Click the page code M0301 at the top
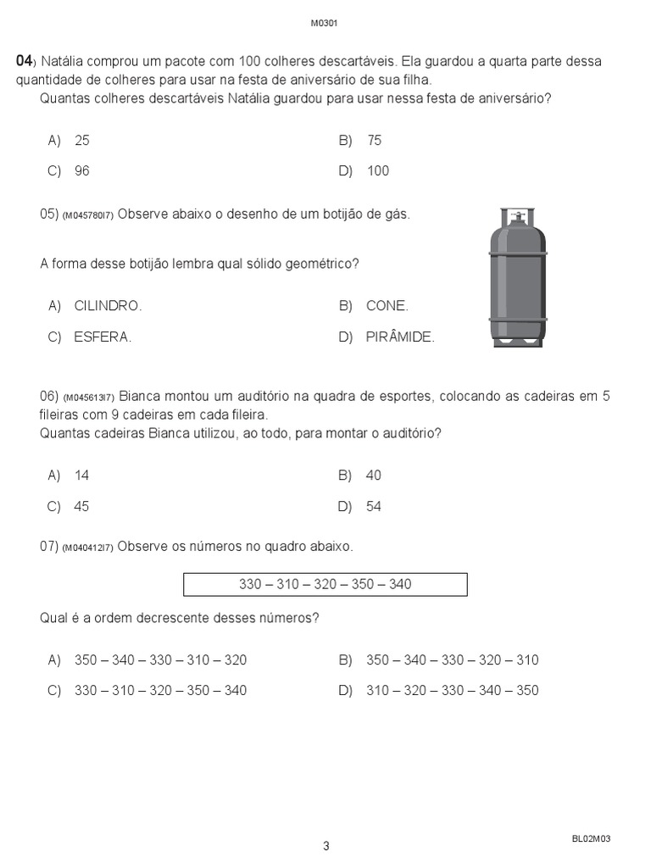325,23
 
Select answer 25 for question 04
81,140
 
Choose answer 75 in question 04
374,140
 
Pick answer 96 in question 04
81,170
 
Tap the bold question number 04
24,61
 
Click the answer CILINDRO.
108,306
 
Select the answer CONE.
387,306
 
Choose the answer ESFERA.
103,337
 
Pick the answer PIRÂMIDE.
399,337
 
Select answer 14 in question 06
81,476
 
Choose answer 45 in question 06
81,506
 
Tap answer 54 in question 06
374,506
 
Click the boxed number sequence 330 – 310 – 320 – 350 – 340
325,585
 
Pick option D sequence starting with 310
452,690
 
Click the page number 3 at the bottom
325,845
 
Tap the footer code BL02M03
591,838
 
